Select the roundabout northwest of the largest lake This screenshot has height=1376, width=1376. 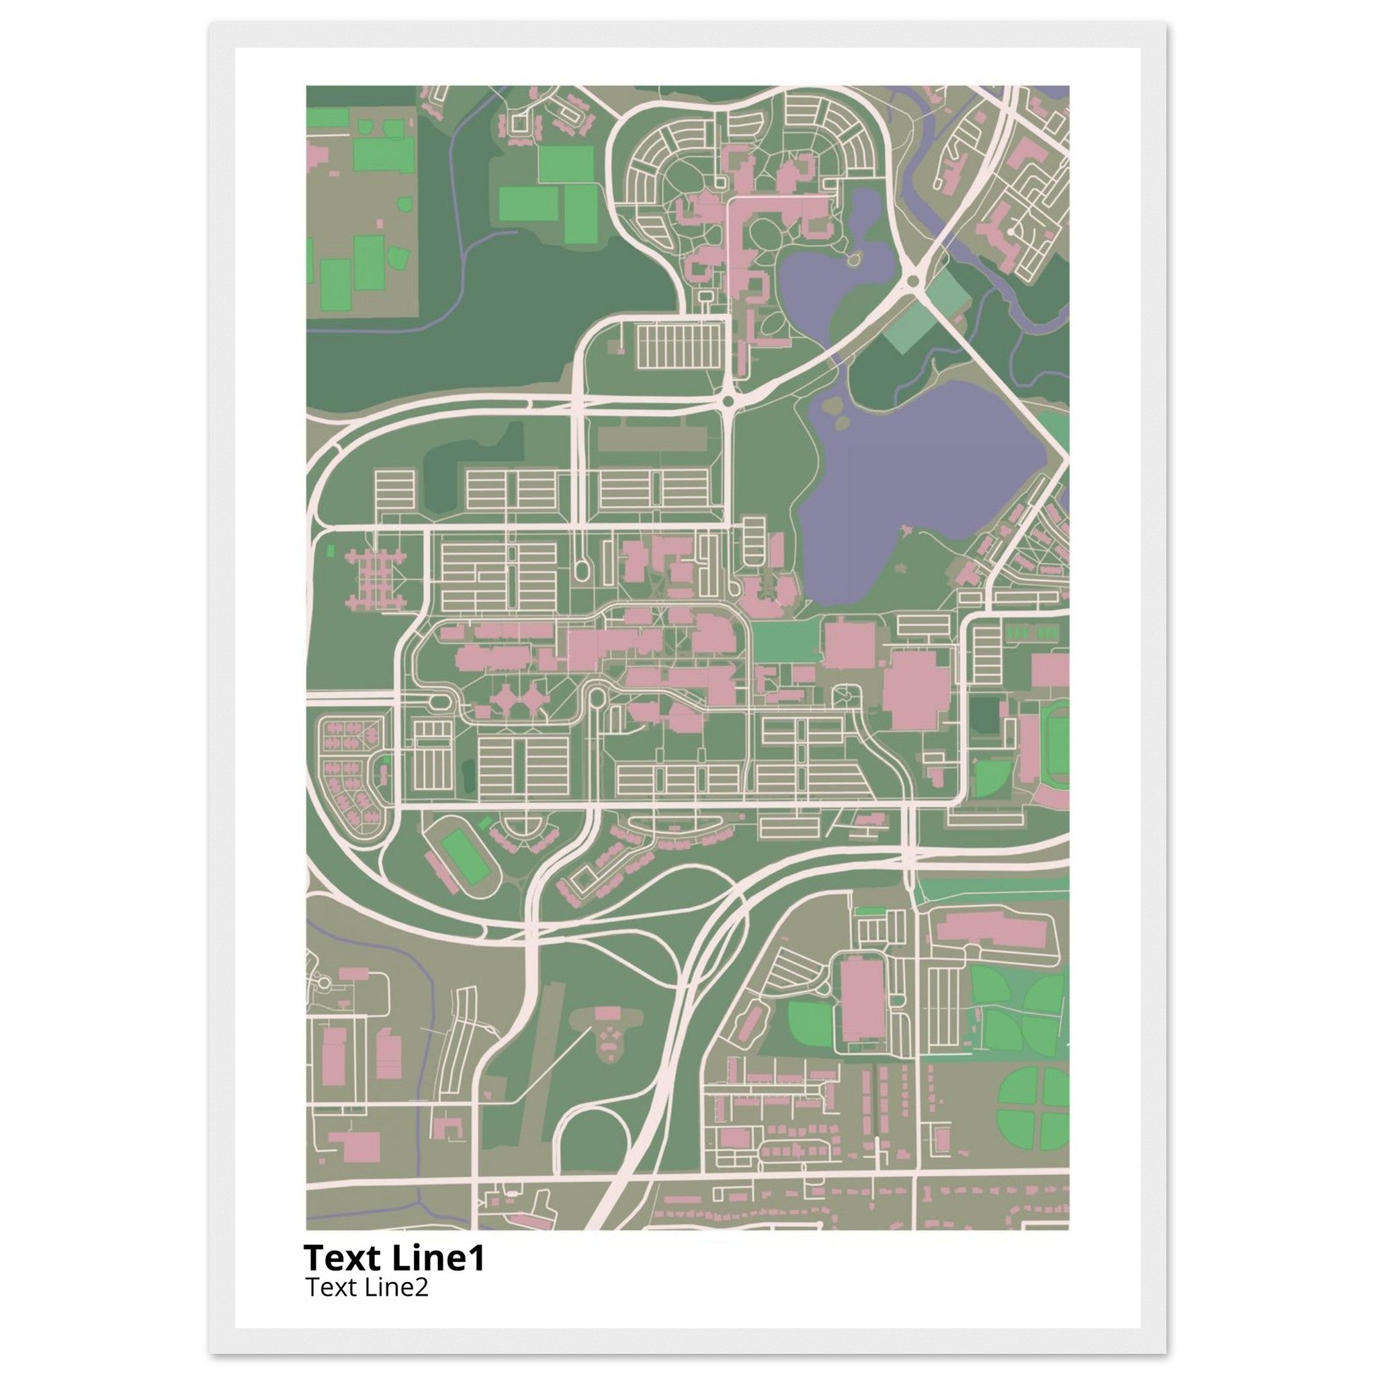tap(727, 402)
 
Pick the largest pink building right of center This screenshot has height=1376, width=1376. tap(915, 689)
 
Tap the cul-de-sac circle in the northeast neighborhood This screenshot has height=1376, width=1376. tap(1010, 232)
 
